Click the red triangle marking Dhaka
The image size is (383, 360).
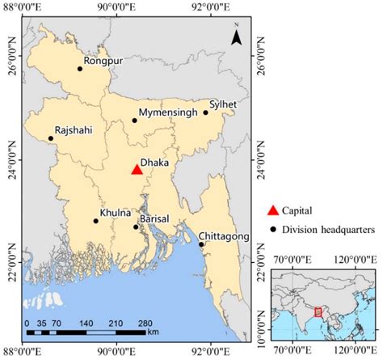(x=137, y=169)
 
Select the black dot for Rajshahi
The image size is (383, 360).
(x=51, y=138)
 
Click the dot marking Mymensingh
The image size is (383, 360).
(x=135, y=121)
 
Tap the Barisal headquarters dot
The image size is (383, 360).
(x=137, y=227)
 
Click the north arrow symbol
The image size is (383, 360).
(x=237, y=37)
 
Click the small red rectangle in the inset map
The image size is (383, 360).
(x=318, y=311)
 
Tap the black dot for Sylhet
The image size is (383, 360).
(x=206, y=112)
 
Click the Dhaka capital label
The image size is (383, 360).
(x=154, y=162)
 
